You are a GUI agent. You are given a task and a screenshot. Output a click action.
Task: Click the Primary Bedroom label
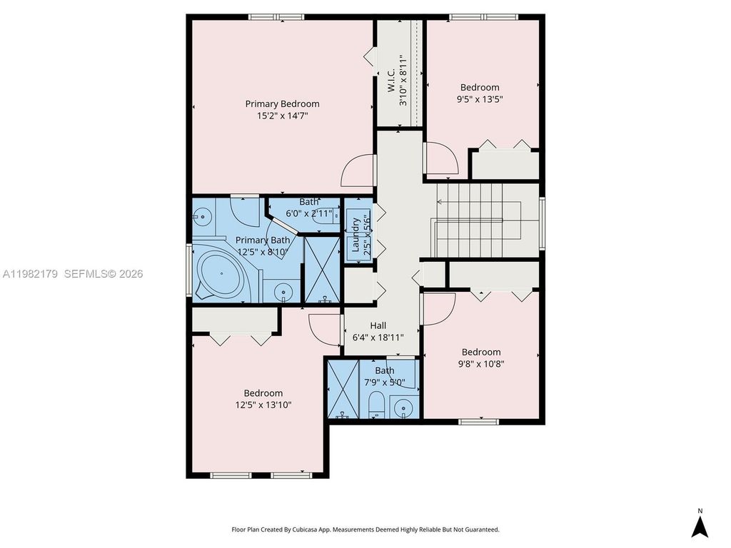click(x=282, y=103)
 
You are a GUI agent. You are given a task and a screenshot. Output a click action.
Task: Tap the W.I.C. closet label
click(x=392, y=83)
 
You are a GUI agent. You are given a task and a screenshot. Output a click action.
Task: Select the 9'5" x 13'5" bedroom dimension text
click(x=479, y=100)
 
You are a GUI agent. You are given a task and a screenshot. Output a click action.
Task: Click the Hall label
click(x=378, y=325)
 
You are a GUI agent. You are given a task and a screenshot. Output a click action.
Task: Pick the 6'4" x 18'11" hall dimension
click(x=378, y=337)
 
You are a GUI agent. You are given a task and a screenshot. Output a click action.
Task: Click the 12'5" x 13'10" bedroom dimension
click(x=263, y=405)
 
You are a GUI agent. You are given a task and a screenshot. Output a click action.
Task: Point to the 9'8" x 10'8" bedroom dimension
click(x=481, y=363)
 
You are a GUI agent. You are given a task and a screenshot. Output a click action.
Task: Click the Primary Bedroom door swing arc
click(x=356, y=171)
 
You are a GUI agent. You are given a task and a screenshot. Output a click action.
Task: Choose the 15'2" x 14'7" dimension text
click(x=282, y=115)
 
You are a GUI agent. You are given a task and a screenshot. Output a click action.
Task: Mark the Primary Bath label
click(x=263, y=240)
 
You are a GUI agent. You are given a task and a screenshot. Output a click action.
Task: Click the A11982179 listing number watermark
click(x=31, y=273)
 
